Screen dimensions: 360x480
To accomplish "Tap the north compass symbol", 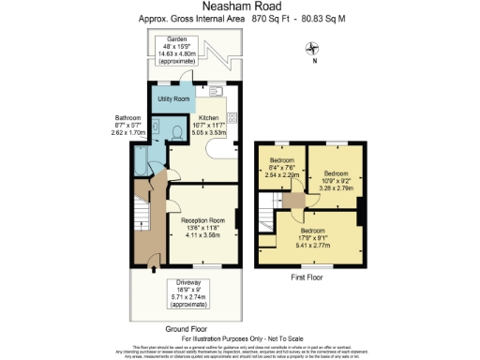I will (314, 52).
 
